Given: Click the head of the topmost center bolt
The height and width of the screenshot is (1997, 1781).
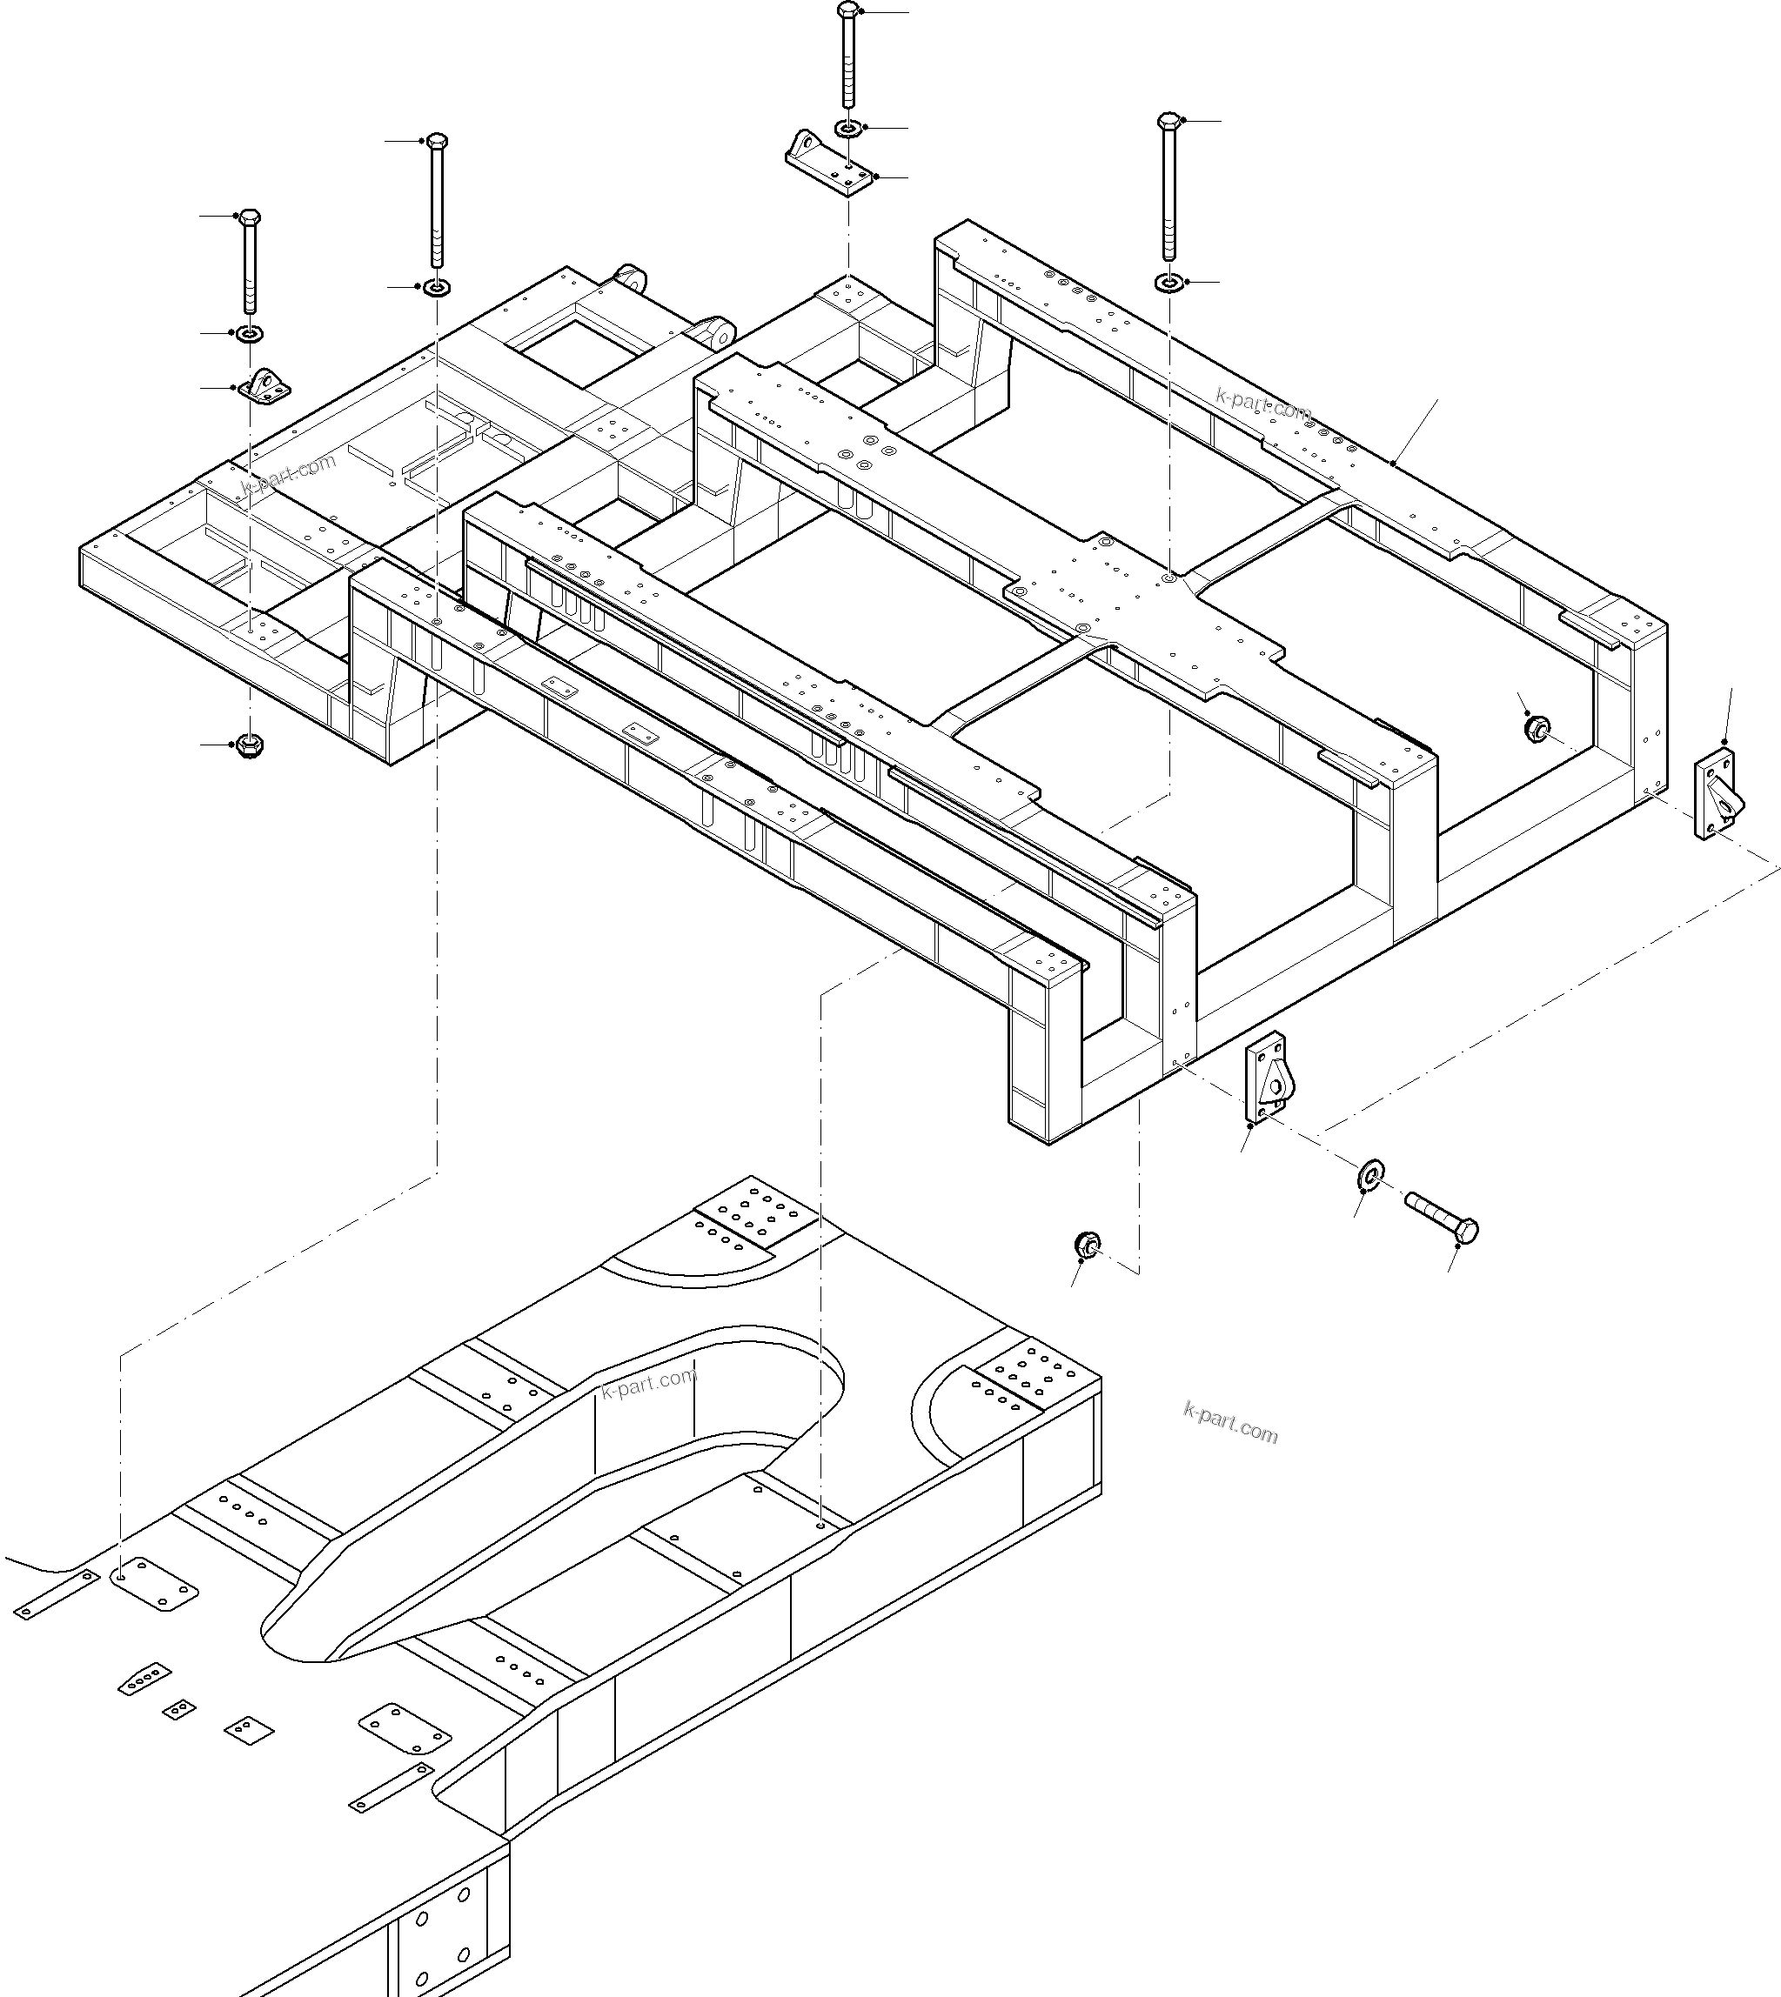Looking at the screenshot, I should click(x=847, y=11).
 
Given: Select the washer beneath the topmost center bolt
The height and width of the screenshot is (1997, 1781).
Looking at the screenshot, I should click(x=847, y=128).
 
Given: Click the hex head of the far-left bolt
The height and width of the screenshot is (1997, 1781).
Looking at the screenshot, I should click(x=250, y=217).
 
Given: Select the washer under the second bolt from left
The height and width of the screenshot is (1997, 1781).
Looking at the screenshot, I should click(x=436, y=288).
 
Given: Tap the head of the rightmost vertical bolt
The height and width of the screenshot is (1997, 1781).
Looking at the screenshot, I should click(x=1168, y=121).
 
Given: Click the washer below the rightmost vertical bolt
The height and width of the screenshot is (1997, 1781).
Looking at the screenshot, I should click(x=1168, y=283).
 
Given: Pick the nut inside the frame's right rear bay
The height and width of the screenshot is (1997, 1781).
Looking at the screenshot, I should click(x=1537, y=727).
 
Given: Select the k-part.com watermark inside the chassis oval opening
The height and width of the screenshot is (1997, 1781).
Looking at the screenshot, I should click(x=650, y=1384).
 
